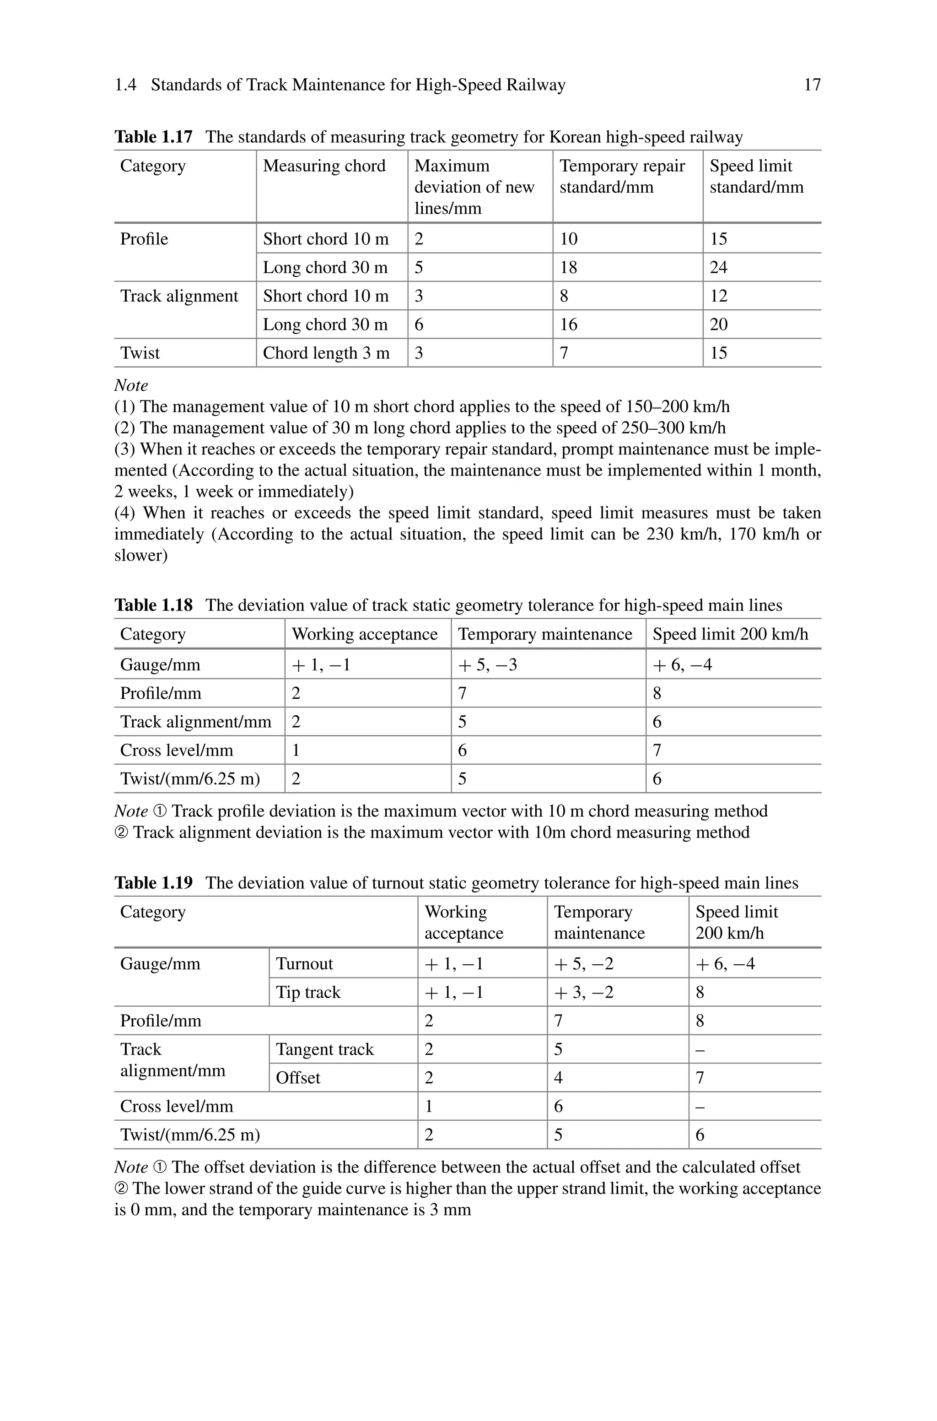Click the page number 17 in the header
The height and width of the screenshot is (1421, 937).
(812, 85)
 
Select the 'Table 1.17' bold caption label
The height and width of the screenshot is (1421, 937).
(154, 137)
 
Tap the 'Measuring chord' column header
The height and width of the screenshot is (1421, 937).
(324, 166)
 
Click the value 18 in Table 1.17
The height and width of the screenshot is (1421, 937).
(568, 267)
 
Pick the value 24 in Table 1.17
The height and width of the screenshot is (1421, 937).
(718, 267)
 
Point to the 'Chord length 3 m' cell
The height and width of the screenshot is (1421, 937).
(326, 353)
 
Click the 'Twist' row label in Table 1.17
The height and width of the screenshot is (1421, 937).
(140, 353)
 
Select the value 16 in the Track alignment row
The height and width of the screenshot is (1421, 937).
(568, 324)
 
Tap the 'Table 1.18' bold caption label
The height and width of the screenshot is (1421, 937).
(154, 605)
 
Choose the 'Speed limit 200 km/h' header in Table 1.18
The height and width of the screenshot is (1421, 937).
(730, 634)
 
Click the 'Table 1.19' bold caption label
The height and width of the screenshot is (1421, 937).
(154, 883)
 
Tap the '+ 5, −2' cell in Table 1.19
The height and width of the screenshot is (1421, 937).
(583, 963)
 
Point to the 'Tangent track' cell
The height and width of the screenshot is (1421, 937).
(324, 1049)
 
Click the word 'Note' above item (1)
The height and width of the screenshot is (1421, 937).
(131, 385)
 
